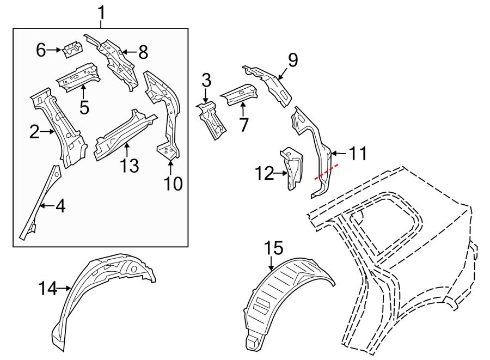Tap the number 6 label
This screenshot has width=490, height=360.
pos(41,51)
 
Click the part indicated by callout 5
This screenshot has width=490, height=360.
pos(79,76)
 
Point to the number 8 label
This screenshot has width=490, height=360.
pos(143,53)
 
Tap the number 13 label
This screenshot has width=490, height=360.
pos(130,166)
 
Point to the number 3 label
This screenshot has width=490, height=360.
pos(206,81)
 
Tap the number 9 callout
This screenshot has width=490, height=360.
pos(293,60)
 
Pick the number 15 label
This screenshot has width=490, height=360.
pos(274,248)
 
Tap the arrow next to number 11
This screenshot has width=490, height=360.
pos(339,155)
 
